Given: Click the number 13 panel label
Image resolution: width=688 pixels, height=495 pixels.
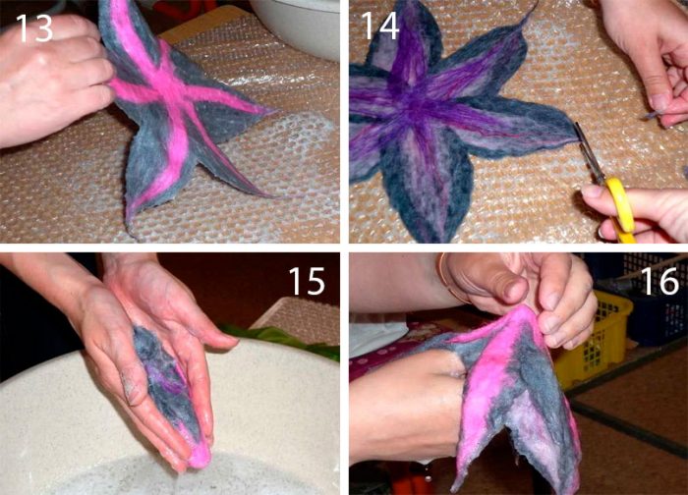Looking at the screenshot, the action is click(x=34, y=28).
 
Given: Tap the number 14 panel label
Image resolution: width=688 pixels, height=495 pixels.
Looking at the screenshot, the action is click(x=380, y=25).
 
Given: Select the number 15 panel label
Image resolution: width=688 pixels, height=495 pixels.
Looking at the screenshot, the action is click(x=307, y=281).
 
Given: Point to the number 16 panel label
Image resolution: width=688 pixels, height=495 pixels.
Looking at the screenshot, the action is click(x=661, y=281).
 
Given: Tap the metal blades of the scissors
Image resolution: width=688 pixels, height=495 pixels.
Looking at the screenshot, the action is click(x=589, y=152).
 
